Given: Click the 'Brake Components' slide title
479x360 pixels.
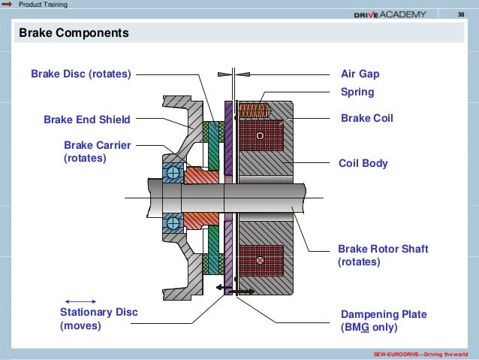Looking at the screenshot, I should click(x=74, y=34).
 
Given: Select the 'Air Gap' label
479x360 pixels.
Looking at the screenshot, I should click(x=360, y=74).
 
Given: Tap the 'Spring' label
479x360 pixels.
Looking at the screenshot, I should click(x=357, y=93).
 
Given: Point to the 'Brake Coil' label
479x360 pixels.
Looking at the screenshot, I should click(x=367, y=119).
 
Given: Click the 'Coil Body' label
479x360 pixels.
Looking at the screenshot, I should click(x=364, y=162).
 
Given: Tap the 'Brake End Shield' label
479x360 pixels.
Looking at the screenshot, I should click(x=87, y=119).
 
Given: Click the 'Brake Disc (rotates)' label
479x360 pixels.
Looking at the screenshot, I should click(x=81, y=74).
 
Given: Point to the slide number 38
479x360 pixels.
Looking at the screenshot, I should click(x=461, y=14).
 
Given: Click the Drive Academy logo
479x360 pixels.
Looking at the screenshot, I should click(x=390, y=14).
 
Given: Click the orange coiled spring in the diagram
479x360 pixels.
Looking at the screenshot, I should click(x=254, y=110).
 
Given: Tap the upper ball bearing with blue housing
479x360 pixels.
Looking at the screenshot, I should click(x=173, y=172).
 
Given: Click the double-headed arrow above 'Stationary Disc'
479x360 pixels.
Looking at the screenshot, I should click(x=81, y=301).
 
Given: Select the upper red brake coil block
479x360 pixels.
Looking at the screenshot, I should click(x=260, y=136).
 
